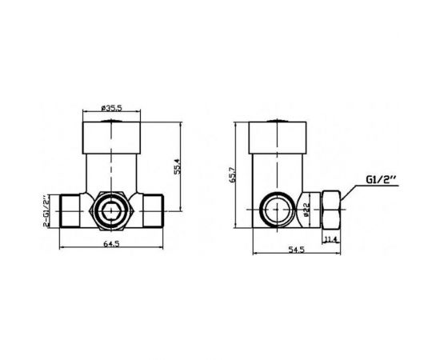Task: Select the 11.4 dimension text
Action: click(x=331, y=237)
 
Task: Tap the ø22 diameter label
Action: click(x=306, y=211)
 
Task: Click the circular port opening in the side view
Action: click(x=276, y=212)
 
